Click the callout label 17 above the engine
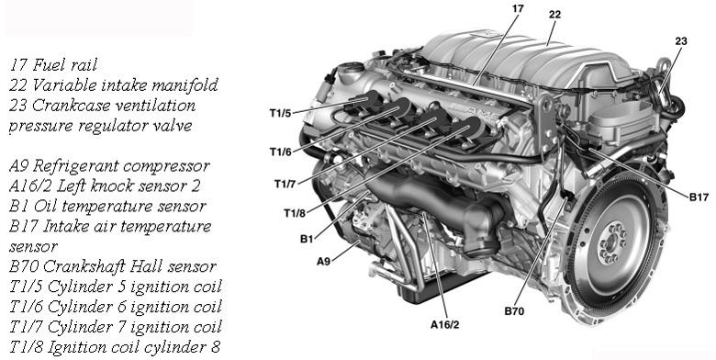tap(518, 8)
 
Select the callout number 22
tap(554, 14)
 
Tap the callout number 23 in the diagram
tap(680, 41)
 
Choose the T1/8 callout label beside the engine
tap(293, 214)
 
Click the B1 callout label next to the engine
tap(306, 239)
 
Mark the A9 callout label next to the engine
tap(323, 262)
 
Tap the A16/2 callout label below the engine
tap(444, 323)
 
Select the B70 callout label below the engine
tap(514, 311)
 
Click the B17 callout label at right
tap(699, 196)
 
